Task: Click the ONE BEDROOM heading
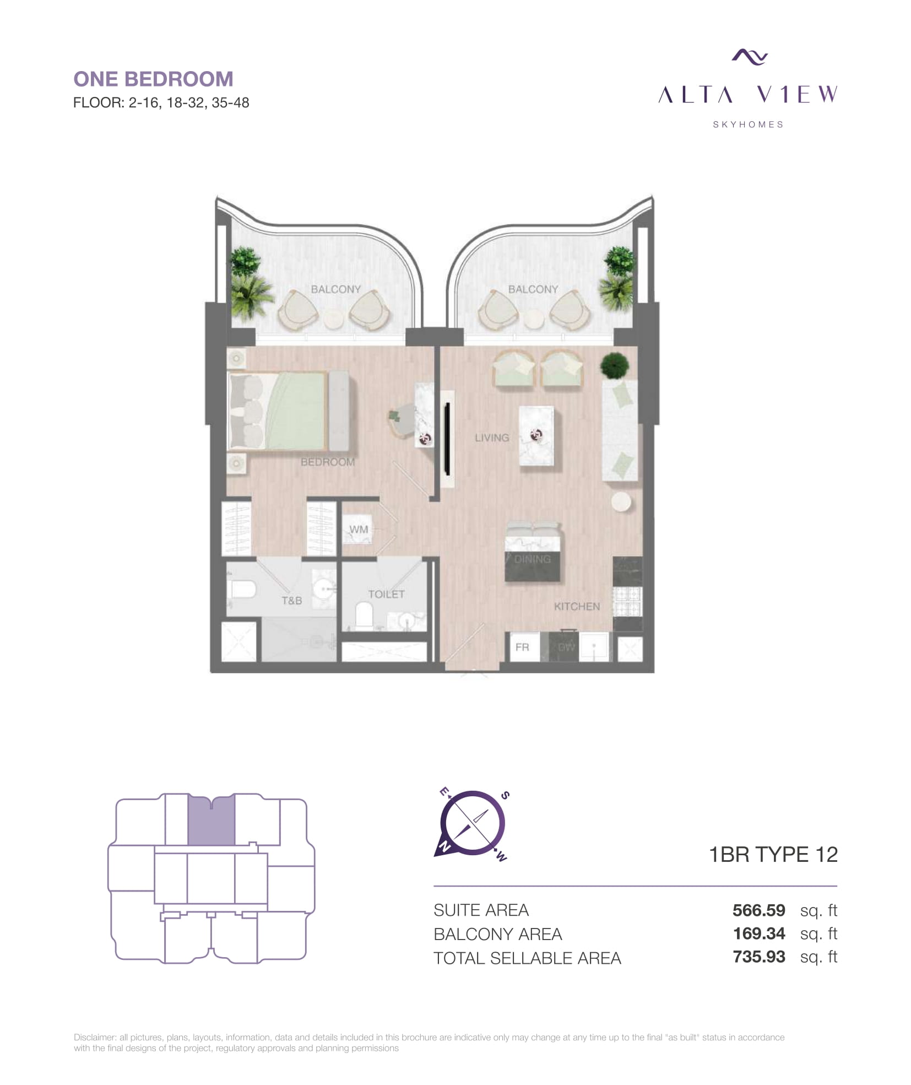[153, 79]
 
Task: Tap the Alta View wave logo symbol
[749, 56]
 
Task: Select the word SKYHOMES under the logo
[748, 125]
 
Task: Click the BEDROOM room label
[328, 462]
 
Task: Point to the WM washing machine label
[359, 529]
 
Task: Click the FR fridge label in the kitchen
[522, 647]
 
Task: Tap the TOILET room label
[386, 594]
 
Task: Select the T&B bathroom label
[292, 600]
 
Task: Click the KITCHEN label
[577, 606]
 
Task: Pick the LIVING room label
[492, 438]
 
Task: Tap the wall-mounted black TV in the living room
[448, 439]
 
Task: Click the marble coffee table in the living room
[536, 436]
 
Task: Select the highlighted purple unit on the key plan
[212, 819]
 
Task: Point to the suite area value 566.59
[758, 910]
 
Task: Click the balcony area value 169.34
[758, 933]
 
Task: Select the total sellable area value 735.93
[758, 957]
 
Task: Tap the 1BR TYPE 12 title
[773, 855]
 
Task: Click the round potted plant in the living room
[614, 365]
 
